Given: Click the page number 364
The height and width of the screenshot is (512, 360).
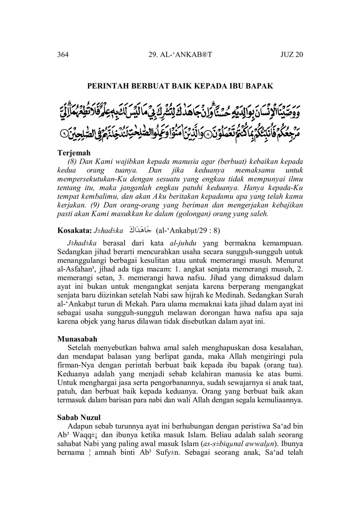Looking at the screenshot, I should (63, 54).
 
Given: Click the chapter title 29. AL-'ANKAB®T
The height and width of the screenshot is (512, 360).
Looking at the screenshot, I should (180, 54).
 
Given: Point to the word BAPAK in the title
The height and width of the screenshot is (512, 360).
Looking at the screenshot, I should (260, 86).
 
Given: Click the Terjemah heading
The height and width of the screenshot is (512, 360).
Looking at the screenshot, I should (74, 153).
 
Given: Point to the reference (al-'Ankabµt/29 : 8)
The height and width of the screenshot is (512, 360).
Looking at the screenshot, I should (188, 231).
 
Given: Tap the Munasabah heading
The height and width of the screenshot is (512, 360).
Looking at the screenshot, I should (77, 339).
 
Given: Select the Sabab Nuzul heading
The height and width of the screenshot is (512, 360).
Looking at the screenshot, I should (79, 418).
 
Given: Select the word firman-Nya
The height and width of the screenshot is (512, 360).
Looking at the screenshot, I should (76, 365).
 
